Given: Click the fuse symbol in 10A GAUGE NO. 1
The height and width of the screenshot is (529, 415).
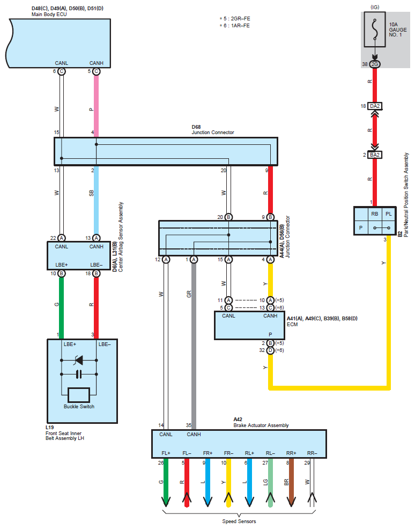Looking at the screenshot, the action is coord(375,30).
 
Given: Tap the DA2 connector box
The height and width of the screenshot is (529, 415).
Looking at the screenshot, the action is coord(375,106).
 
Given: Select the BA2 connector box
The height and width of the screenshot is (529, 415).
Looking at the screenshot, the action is coord(375,155).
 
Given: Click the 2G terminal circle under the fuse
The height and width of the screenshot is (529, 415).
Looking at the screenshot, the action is coord(375,64).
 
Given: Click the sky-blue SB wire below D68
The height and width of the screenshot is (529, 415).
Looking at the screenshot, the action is coord(96,200).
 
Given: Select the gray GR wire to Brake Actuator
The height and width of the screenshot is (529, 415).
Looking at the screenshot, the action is coord(194,346).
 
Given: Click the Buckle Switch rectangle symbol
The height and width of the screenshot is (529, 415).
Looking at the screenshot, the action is coord(79,395).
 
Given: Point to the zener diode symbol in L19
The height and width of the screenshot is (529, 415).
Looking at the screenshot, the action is coord(79,361).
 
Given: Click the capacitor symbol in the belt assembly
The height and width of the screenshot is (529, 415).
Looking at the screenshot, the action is coord(79,374).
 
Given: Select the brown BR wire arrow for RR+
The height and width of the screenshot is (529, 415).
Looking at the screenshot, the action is coord(291,482).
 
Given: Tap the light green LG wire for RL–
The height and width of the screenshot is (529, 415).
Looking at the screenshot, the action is coord(270,482).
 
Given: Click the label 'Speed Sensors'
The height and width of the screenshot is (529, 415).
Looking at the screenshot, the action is coord(239,521).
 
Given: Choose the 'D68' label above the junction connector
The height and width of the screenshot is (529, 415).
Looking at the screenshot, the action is coord(196,127).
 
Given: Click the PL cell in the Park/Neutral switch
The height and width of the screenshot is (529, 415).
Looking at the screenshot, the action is coord(389,214).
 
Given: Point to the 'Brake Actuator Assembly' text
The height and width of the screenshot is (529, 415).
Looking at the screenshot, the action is coord(261,425).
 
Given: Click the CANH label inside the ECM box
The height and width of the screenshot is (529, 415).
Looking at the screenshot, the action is coord(270,316).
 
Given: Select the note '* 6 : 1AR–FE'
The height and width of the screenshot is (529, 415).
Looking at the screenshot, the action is coord(235,26).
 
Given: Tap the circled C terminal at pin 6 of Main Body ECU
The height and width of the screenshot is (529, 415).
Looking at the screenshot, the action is coord(61,71).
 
